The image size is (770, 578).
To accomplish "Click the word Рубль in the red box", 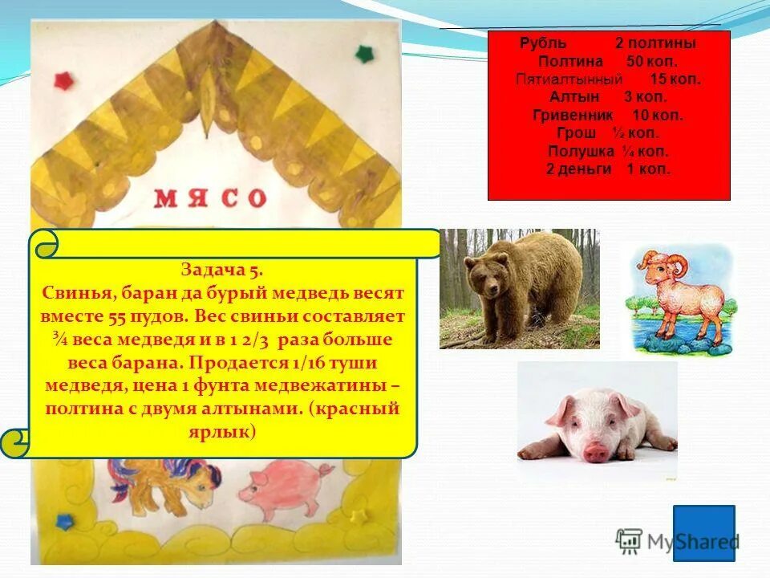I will click(543, 43).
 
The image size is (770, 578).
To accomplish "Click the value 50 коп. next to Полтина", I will click(651, 62).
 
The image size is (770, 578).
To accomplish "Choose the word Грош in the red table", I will click(576, 133).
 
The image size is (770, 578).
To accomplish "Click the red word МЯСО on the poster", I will click(210, 197).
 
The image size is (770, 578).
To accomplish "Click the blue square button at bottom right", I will click(703, 532).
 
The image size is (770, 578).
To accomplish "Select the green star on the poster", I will click(366, 54).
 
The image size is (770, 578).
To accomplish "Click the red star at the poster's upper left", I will click(63, 79).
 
